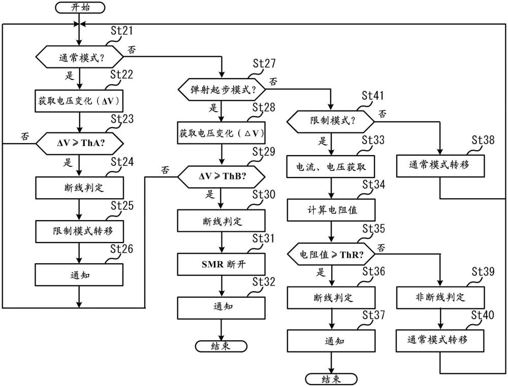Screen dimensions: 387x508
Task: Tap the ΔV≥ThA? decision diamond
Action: (x=79, y=144)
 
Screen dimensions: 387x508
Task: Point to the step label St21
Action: (x=121, y=31)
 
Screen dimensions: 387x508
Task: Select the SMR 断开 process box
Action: (x=221, y=264)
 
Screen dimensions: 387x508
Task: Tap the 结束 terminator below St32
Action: (x=221, y=346)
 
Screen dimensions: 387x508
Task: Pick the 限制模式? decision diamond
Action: (x=330, y=122)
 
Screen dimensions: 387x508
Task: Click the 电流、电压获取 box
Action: (x=330, y=165)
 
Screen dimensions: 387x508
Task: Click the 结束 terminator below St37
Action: (x=330, y=379)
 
